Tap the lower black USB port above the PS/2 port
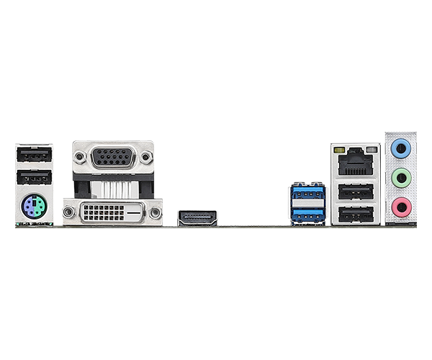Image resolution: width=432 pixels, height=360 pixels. tap(34, 179)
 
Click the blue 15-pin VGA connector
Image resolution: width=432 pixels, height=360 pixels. tap(113, 156)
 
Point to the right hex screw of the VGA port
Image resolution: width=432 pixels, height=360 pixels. tap(146, 156)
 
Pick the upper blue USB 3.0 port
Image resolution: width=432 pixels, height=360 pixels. tap(309, 193)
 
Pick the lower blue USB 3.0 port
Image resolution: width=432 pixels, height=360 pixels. tap(309, 214)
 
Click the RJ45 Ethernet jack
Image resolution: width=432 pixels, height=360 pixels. tap(354, 164)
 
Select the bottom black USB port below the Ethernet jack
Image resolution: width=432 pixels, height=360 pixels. tap(354, 215)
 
